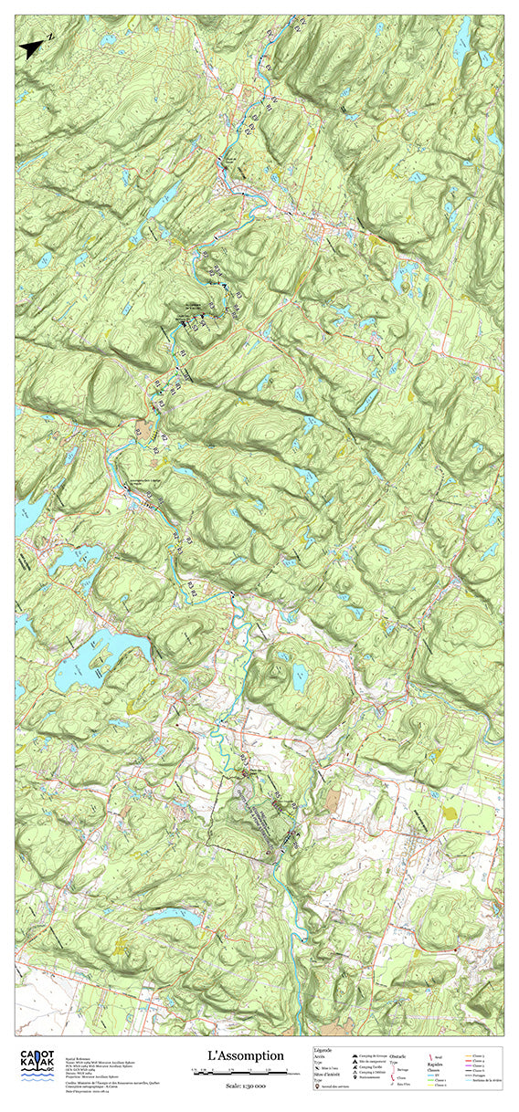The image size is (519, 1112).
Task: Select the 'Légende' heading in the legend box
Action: tap(323, 1050)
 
